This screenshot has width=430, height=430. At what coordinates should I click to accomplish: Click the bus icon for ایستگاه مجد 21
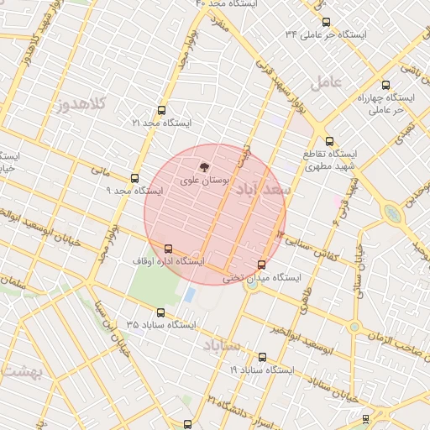click(x=161, y=110)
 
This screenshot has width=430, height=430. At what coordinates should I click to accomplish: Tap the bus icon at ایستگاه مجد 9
click(x=134, y=178)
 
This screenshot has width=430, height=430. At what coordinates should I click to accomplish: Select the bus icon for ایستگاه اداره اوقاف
click(x=169, y=249)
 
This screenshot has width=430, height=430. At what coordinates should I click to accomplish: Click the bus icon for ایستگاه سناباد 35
click(x=161, y=312)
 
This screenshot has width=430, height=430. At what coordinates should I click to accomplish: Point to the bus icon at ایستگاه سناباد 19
click(x=262, y=357)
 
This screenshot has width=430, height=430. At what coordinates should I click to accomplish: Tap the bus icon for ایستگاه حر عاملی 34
click(x=326, y=22)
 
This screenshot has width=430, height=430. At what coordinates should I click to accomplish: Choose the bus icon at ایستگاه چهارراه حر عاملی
click(x=385, y=85)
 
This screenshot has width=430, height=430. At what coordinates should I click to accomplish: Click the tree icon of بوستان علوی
click(x=202, y=167)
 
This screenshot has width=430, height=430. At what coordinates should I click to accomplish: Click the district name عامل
click(x=327, y=82)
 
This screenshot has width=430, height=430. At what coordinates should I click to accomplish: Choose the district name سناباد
click(x=221, y=345)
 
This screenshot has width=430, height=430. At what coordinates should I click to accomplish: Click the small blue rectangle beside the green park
click(x=190, y=296)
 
